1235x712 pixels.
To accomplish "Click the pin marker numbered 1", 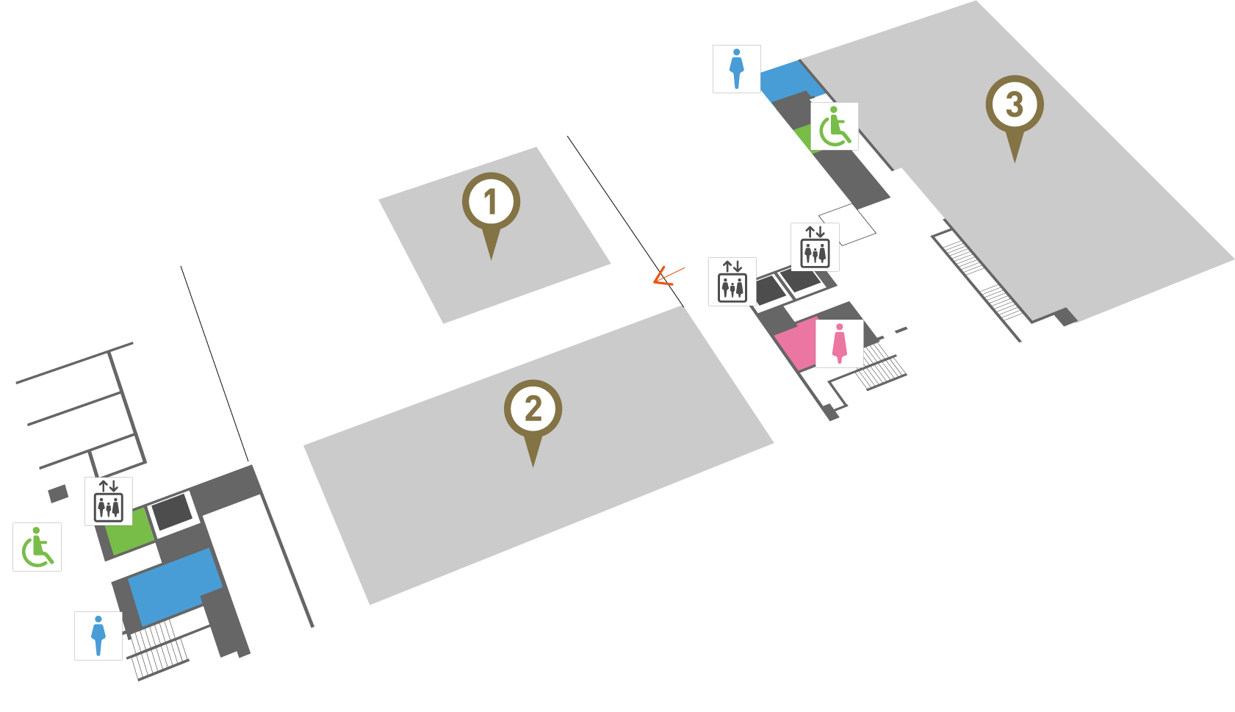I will coord(491,203).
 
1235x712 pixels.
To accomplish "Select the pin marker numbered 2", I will coord(533,410).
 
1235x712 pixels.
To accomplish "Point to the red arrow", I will coord(666,276).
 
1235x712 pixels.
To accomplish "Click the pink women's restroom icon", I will coord(839,343).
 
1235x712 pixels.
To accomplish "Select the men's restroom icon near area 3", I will coord(736,68).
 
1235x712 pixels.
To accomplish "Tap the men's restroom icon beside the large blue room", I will coord(98,636).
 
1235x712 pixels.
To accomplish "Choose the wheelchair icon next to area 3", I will coord(834,126).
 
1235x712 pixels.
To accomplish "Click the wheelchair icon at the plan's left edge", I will coord(37,547).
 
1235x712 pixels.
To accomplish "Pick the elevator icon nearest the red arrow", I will coord(732,281).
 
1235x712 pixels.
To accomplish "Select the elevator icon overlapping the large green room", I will coord(108,501).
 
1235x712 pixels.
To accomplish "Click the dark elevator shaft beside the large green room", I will coord(172,512).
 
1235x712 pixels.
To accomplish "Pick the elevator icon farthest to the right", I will coord(815,248).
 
